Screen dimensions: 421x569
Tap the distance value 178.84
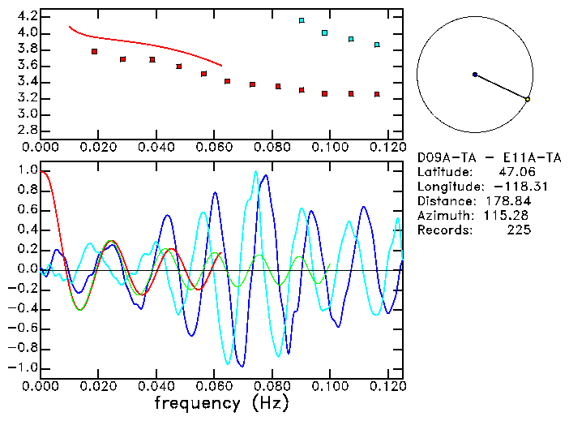(507, 200)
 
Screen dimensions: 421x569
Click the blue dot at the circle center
(475, 75)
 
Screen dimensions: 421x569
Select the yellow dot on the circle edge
(528, 99)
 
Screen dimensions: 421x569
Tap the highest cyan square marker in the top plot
(302, 20)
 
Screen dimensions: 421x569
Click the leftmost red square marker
(95, 51)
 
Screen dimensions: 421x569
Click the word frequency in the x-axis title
(199, 403)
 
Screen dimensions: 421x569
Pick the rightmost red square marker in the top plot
(377, 94)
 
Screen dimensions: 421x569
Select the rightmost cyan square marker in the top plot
(377, 45)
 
